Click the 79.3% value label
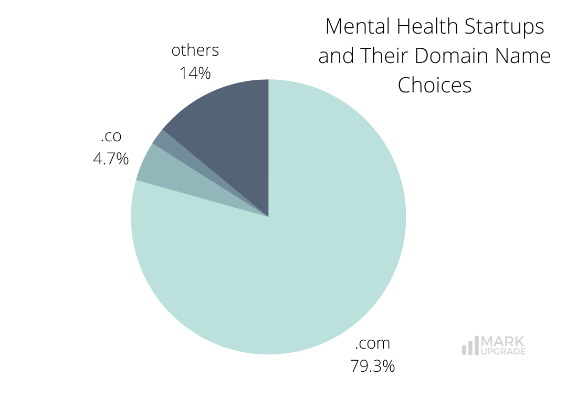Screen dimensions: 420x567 pyautogui.click(x=372, y=366)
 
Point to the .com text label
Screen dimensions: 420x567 pyautogui.click(x=372, y=343)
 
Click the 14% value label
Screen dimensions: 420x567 pyautogui.click(x=195, y=73)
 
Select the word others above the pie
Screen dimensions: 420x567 pyautogui.click(x=195, y=50)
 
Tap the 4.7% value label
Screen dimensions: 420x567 pyautogui.click(x=111, y=158)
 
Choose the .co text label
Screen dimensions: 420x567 pyautogui.click(x=111, y=136)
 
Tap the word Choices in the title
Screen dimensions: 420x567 pyautogui.click(x=435, y=85)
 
